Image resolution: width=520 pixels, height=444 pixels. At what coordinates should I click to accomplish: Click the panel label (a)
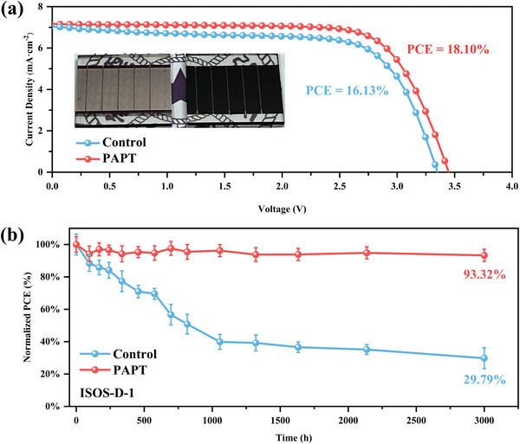click(16, 10)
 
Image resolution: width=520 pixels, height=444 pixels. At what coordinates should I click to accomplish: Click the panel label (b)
click(16, 232)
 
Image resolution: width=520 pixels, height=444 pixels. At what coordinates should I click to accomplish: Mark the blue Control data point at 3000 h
click(484, 358)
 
